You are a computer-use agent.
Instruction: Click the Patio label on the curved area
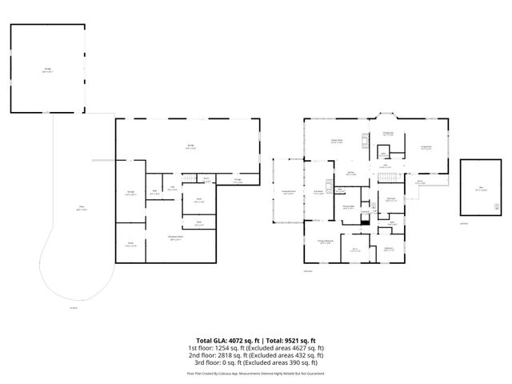[x=82, y=210]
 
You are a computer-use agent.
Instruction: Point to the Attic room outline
[x=480, y=187]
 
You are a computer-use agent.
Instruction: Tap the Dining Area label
[x=387, y=134]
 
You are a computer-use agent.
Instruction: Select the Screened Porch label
[x=288, y=192]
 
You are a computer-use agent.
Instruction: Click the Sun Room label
[x=318, y=192]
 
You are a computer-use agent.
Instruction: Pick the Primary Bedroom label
[x=325, y=242]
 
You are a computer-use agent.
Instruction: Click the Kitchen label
[x=350, y=173]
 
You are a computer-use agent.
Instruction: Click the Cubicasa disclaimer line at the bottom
[x=256, y=373]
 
